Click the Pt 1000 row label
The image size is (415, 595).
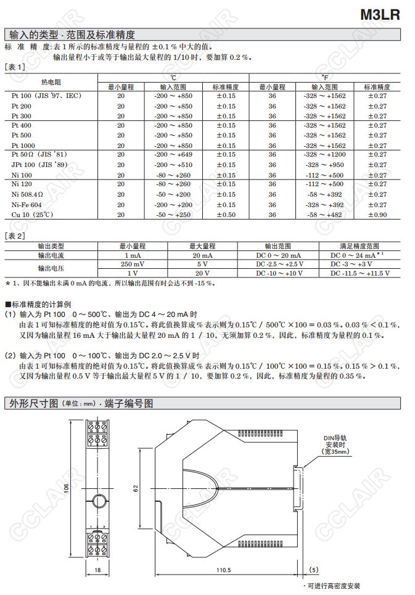coord(25,146)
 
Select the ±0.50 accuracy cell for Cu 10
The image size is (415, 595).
coord(226,215)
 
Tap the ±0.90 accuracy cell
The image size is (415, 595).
coord(377,215)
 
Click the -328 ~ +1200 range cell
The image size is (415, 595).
coord(324,155)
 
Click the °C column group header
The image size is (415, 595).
coord(173,78)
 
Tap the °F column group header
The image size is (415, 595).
coord(324,78)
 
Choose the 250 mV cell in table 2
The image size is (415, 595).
coord(133,264)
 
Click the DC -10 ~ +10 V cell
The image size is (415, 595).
coord(279,273)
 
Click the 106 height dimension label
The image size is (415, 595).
coord(66,488)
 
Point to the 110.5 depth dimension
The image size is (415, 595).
coord(224,570)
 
